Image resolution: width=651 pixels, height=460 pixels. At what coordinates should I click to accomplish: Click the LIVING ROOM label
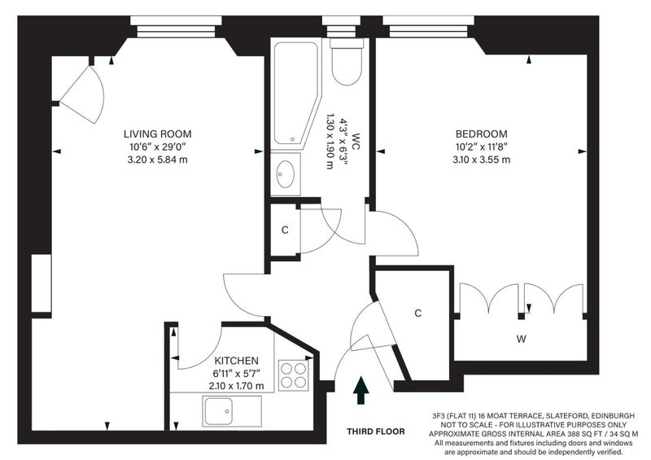pyautogui.click(x=158, y=134)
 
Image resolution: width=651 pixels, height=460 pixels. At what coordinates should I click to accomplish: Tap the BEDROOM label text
pyautogui.click(x=482, y=134)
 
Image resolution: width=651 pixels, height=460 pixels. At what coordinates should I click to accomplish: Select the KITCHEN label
pyautogui.click(x=236, y=361)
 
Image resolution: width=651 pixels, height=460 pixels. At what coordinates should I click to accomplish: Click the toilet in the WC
pyautogui.click(x=347, y=62)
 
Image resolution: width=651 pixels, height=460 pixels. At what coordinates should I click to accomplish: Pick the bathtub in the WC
pyautogui.click(x=295, y=94)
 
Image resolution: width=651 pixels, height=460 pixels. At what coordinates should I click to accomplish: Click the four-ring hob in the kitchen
pyautogui.click(x=294, y=375)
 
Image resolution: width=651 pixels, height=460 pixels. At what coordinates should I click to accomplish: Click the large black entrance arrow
pyautogui.click(x=361, y=390)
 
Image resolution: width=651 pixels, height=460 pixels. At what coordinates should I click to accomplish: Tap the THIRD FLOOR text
pyautogui.click(x=376, y=432)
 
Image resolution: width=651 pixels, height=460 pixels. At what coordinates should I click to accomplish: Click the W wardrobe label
pyautogui.click(x=522, y=339)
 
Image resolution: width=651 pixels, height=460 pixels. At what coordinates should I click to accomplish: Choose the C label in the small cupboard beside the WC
pyautogui.click(x=285, y=230)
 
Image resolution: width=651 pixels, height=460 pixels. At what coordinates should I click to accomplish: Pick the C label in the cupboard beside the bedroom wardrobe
pyautogui.click(x=418, y=313)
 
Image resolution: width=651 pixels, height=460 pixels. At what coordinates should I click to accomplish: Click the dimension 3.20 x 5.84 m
pyautogui.click(x=158, y=160)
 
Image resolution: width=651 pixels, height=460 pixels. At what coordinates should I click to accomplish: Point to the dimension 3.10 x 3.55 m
pyautogui.click(x=482, y=160)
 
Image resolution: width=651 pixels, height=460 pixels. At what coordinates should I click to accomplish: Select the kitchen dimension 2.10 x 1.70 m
pyautogui.click(x=236, y=386)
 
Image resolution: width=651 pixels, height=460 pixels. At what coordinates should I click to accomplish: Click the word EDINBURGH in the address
pyautogui.click(x=614, y=415)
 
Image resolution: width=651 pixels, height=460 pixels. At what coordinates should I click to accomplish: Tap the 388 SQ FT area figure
pyautogui.click(x=582, y=434)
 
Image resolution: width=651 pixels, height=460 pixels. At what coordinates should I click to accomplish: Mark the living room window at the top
pyautogui.click(x=176, y=27)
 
